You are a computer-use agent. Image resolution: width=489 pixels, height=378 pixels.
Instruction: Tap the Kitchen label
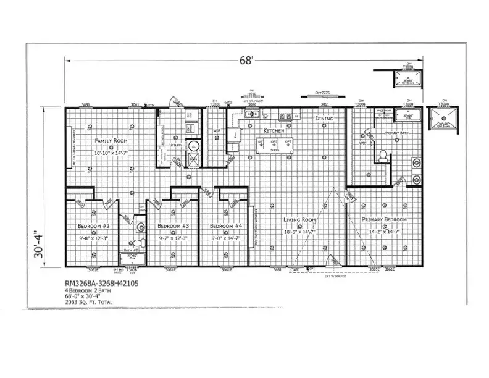[x=274, y=131]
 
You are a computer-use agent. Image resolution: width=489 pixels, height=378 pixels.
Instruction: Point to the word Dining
[x=324, y=119]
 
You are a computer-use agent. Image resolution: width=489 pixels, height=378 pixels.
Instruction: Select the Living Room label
[x=300, y=220]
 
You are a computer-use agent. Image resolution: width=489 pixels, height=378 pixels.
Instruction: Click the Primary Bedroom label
[x=387, y=220]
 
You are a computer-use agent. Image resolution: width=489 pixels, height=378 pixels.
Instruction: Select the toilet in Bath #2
[x=138, y=242]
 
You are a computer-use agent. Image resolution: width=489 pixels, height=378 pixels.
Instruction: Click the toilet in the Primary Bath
[x=383, y=155]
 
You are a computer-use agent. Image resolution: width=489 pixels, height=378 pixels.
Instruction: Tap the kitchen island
[x=276, y=145]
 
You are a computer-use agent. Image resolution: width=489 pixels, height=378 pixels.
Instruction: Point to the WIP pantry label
[x=217, y=131]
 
